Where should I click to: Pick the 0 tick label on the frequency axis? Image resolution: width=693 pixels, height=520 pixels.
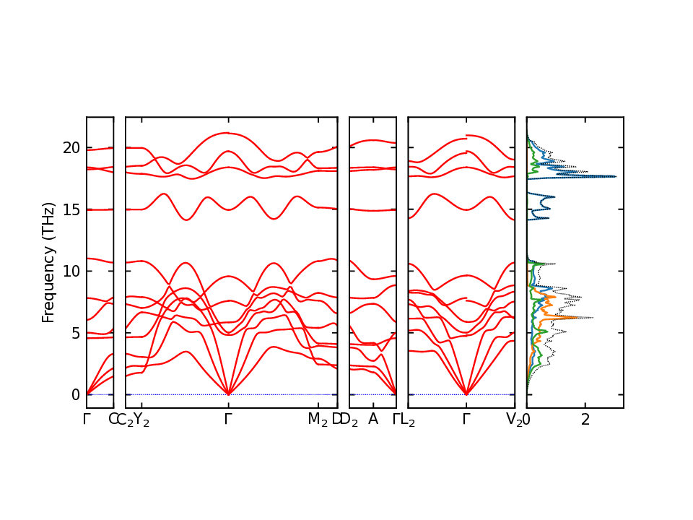[74, 395]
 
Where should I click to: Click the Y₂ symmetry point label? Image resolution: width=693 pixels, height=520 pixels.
[141, 420]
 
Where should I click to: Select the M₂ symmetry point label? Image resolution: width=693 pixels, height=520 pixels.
[318, 420]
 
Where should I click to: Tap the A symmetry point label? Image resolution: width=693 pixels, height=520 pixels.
[373, 420]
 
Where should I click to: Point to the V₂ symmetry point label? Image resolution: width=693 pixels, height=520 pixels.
[515, 420]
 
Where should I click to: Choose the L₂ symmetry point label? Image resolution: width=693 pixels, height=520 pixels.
[408, 420]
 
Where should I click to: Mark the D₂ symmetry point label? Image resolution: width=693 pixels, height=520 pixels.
[349, 420]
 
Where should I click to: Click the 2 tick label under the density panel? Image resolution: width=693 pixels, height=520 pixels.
[585, 420]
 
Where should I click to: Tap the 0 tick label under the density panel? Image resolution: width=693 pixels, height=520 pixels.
[526, 420]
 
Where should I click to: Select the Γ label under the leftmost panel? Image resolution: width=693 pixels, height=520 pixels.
[87, 420]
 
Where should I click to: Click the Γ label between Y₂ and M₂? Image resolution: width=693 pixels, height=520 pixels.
[228, 420]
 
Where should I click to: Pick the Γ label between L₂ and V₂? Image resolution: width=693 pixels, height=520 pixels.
[466, 420]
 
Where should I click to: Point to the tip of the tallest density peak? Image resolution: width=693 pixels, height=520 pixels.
[616, 176]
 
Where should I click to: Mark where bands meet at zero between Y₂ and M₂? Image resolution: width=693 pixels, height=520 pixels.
[228, 394]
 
